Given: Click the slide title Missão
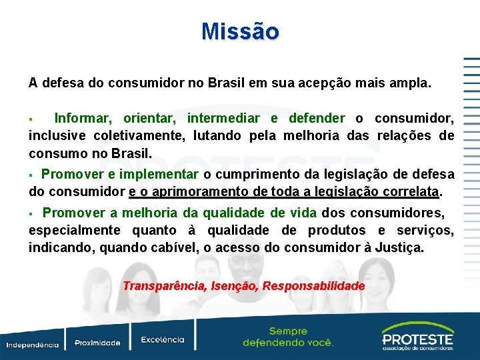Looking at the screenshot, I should pyautogui.click(x=240, y=31).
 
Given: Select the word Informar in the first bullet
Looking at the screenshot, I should pyautogui.click(x=83, y=119).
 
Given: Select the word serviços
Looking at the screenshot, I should pyautogui.click(x=425, y=231).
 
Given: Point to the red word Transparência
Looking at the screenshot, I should pyautogui.click(x=164, y=286).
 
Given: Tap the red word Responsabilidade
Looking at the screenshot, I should pyautogui.click(x=313, y=286).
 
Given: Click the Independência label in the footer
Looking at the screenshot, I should pyautogui.click(x=33, y=345).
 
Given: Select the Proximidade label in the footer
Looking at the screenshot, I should pyautogui.click(x=97, y=343).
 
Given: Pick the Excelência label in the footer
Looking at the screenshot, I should pyautogui.click(x=162, y=340).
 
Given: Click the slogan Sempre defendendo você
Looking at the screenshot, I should pyautogui.click(x=288, y=337).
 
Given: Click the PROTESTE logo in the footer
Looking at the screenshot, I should pyautogui.click(x=417, y=337).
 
